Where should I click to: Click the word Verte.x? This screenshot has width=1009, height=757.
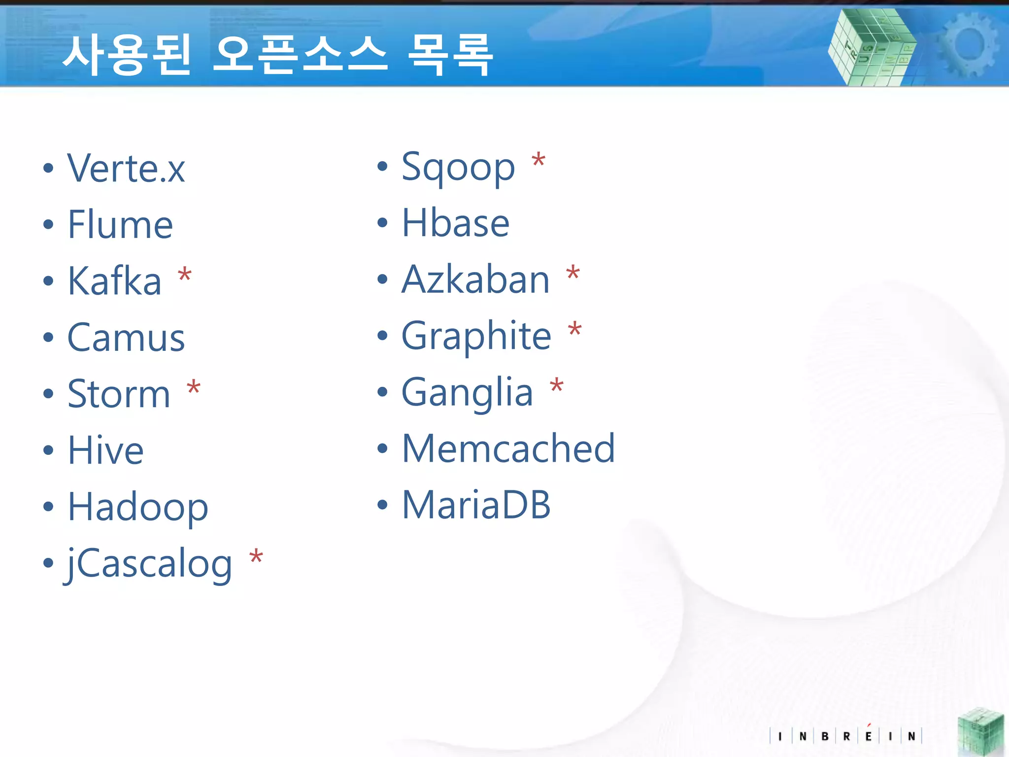tap(126, 169)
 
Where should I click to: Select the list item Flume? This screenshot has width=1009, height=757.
tap(120, 225)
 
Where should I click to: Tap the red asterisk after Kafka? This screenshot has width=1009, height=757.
tap(185, 275)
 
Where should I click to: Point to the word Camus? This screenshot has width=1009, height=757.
tap(126, 338)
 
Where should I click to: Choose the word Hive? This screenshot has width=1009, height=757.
tap(105, 450)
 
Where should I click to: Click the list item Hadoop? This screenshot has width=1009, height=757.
tap(138, 508)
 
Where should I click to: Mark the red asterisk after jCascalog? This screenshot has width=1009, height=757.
tap(256, 557)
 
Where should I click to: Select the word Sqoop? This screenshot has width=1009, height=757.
tap(458, 168)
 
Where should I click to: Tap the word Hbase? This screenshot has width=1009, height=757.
tap(455, 223)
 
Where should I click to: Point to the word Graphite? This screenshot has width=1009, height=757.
tap(476, 336)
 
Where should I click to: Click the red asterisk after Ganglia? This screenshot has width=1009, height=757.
tap(557, 386)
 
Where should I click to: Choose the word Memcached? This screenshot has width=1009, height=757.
tap(508, 448)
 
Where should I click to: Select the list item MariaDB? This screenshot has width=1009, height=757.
tap(476, 505)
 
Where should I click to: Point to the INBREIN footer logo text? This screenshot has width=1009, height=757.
tap(845, 736)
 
